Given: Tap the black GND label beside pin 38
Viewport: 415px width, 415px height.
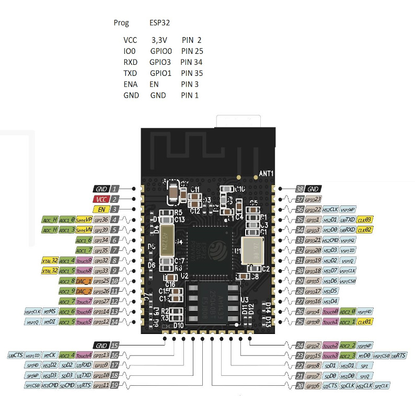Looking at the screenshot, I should pos(314,189).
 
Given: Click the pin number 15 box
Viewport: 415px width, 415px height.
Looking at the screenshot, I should pos(114,345).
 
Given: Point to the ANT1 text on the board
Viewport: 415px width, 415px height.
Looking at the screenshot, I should pos(267,172).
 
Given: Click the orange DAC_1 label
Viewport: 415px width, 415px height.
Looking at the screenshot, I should pos(84,281).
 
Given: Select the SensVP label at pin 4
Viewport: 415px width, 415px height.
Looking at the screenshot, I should pos(84,220).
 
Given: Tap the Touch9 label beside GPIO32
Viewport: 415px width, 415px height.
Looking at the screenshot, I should pos(84,260).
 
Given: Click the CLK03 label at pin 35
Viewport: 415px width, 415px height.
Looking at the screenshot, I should pos(364,220).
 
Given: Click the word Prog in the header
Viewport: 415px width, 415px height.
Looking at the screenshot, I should pos(121,23).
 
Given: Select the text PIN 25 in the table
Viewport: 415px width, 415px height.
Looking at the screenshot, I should pos(192,51).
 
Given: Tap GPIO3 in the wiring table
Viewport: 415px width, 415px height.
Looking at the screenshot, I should pos(160,62).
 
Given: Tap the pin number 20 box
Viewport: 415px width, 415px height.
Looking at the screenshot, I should pos(299,386).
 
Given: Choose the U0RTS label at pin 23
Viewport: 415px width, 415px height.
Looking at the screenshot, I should pos(399,355).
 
